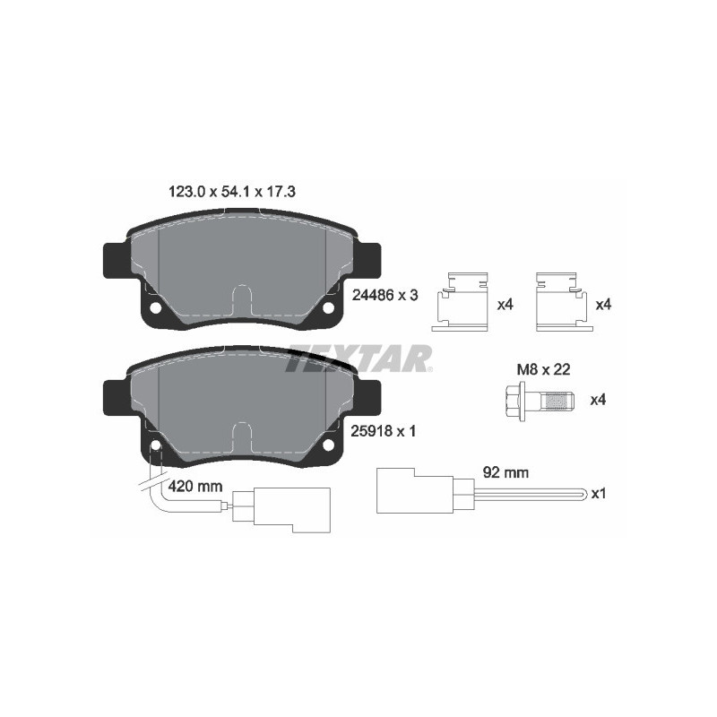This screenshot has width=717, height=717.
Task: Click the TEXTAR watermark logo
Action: tap(358, 360)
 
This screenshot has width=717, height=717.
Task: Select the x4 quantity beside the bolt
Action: tap(598, 400)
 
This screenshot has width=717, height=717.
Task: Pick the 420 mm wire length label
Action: tap(195, 487)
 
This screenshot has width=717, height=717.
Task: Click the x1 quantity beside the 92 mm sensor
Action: tap(600, 494)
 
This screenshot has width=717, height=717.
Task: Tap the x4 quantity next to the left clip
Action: tap(505, 305)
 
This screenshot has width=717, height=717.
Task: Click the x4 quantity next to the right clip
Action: tap(603, 305)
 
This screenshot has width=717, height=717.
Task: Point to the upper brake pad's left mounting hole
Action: tap(155, 309)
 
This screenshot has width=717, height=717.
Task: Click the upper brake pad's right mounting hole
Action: tap(328, 309)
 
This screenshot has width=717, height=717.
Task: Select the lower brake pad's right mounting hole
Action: tap(328, 445)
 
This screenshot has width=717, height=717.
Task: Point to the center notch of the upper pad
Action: tap(242, 301)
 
